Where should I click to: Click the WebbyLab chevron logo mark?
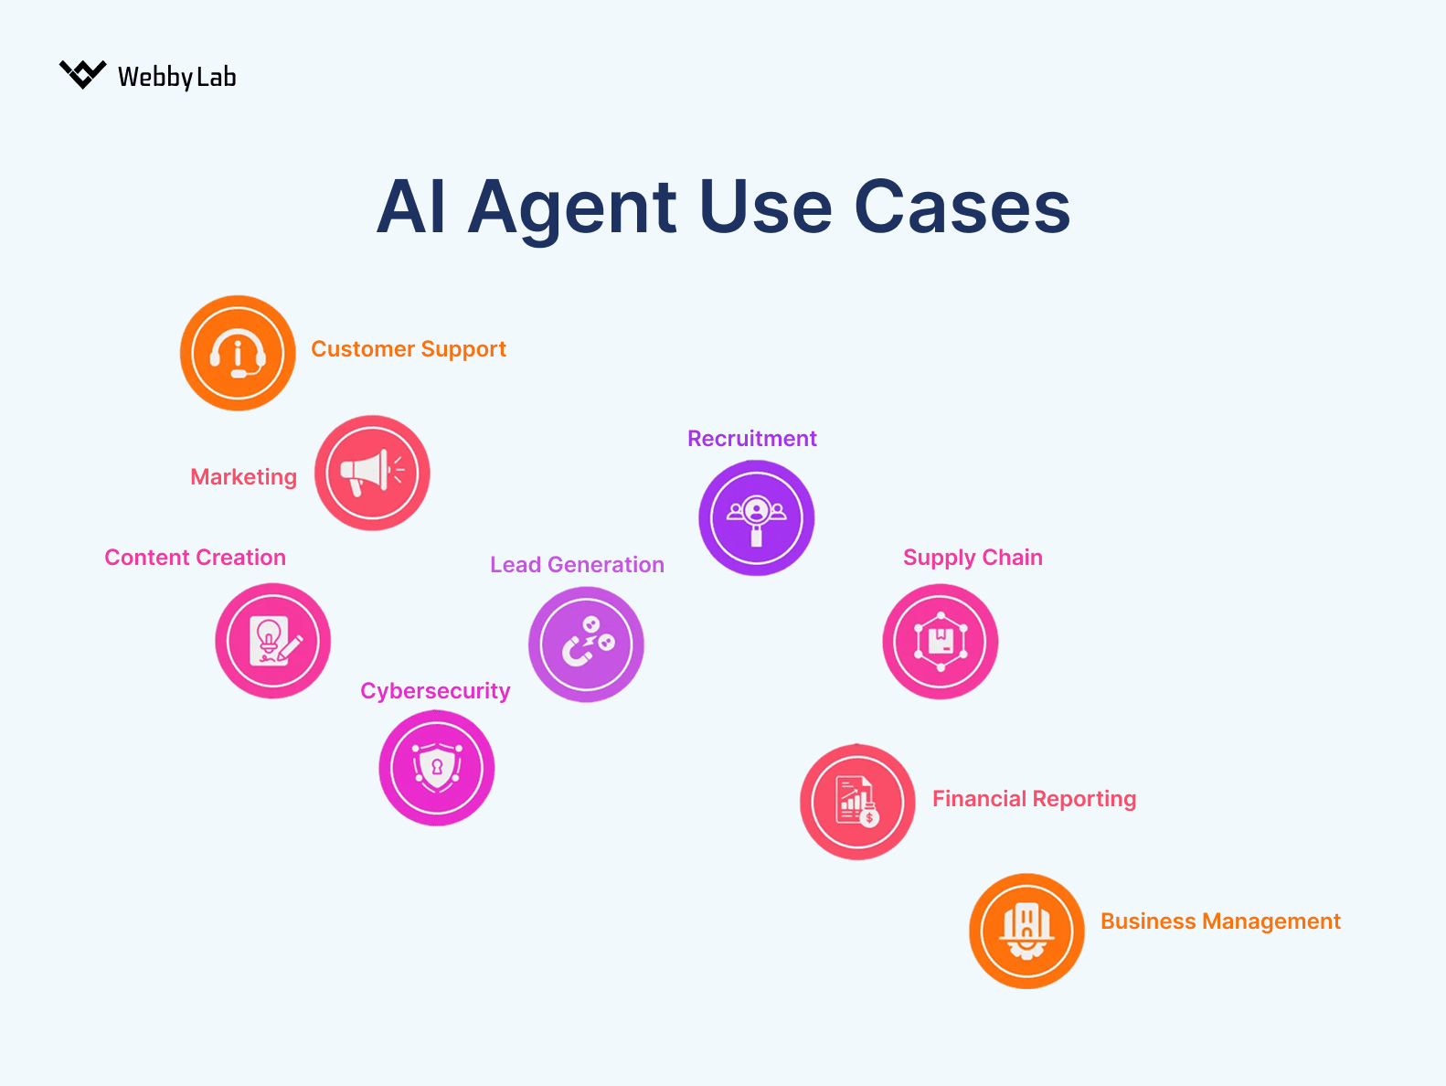point(82,74)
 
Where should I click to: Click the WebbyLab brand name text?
point(176,77)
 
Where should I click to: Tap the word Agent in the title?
point(572,208)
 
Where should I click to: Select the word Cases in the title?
point(961,208)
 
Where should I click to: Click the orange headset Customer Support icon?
point(238,353)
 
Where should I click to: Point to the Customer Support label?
point(408,349)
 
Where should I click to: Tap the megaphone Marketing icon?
point(372,473)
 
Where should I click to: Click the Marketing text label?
point(243,477)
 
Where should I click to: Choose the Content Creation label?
point(195,558)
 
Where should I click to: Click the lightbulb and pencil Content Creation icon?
point(272,641)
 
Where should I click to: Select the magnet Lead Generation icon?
point(586,644)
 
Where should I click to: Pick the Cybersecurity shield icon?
point(437,768)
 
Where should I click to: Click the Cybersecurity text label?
point(435,691)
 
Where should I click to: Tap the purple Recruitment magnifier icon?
point(756,517)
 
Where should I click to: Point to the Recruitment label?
point(751,439)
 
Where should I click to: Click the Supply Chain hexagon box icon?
point(940,642)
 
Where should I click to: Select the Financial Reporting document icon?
point(857,802)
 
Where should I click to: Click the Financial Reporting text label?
point(1034,799)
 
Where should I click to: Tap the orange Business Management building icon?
point(1026,931)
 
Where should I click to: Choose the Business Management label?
point(1219,921)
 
